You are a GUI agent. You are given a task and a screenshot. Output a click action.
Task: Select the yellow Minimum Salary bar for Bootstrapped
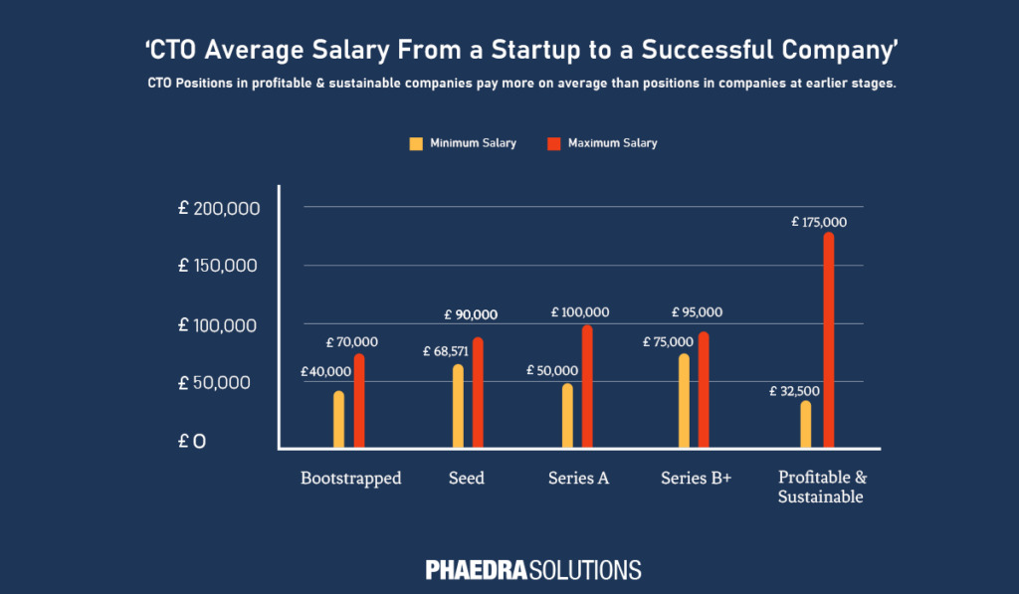click(339, 419)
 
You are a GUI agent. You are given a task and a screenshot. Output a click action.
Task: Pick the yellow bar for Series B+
click(684, 400)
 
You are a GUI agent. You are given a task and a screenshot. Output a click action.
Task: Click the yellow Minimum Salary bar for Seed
click(458, 406)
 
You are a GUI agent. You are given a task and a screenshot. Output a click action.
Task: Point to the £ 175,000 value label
click(820, 221)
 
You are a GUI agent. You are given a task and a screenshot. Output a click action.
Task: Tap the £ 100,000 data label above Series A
click(581, 312)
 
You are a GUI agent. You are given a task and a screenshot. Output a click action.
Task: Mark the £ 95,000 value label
click(697, 312)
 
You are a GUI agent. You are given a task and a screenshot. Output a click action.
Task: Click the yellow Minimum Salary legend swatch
click(415, 143)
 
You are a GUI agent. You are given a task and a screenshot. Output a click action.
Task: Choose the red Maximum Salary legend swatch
click(553, 143)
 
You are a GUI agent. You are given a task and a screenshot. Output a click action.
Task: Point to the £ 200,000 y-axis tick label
click(219, 208)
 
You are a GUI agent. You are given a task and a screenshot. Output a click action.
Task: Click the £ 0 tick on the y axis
click(193, 441)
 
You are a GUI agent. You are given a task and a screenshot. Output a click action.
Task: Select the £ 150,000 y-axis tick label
click(219, 267)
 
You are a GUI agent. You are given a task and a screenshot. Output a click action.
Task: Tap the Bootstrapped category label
click(350, 479)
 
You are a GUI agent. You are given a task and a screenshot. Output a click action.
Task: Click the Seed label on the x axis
click(466, 479)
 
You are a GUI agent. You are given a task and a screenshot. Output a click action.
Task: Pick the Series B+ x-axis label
click(696, 479)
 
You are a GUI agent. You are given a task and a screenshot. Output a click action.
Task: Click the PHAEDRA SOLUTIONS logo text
click(533, 570)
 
